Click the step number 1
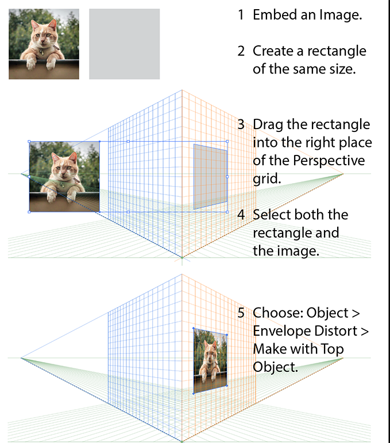click(241, 15)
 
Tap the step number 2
click(241, 51)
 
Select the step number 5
click(241, 313)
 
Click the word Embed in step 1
click(273, 15)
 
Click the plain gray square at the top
click(124, 44)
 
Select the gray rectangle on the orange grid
click(210, 176)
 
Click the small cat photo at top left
click(44, 44)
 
